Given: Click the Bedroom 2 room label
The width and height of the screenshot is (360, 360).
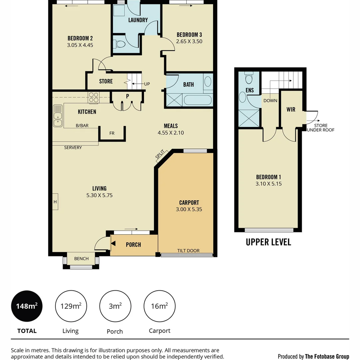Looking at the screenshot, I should [x=80, y=38].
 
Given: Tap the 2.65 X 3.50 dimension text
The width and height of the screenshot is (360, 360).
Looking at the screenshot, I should [x=189, y=42].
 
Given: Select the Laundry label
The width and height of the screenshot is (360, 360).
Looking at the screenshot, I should [x=138, y=20].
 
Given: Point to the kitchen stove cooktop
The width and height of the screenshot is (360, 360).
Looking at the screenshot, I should [x=94, y=97].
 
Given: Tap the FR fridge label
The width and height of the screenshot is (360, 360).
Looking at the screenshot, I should [x=112, y=133].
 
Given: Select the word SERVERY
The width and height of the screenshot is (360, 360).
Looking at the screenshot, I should [x=73, y=147].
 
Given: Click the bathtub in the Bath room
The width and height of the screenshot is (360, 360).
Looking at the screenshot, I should [x=198, y=100].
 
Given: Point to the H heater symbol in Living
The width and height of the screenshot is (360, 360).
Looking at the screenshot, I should [x=55, y=202].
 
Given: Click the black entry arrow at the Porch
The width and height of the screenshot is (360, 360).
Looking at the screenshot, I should [x=113, y=244].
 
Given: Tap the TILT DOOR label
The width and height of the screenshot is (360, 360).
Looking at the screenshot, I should [x=189, y=251].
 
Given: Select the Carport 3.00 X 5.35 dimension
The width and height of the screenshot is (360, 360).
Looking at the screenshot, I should [x=189, y=210].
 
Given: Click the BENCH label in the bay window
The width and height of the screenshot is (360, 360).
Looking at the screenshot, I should [x=81, y=259].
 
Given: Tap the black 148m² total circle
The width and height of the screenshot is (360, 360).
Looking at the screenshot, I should [x=27, y=306].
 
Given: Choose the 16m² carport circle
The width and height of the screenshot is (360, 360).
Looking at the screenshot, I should [x=159, y=306].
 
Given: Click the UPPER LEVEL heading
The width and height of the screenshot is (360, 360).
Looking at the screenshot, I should [x=268, y=242].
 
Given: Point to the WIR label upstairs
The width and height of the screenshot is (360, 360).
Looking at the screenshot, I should [x=291, y=109].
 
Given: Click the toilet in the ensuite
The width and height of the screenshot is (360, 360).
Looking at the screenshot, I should [x=248, y=79].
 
